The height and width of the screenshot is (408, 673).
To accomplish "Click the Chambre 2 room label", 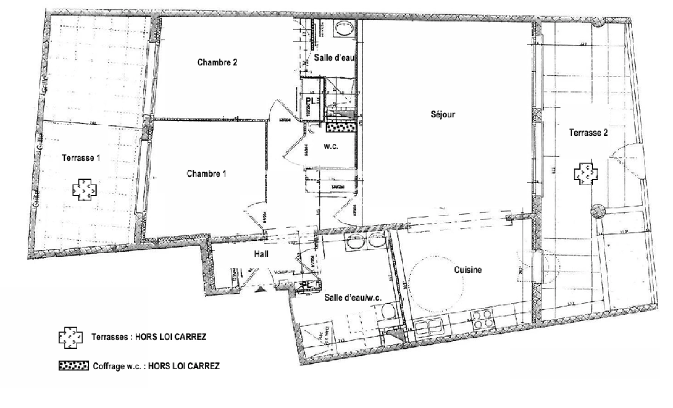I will coord(217,62).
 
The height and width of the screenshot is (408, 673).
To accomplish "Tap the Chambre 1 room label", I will coord(206,174).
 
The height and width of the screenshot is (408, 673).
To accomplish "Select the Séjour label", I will coord(443,114).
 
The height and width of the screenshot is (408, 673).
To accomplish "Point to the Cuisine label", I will coord(468,270).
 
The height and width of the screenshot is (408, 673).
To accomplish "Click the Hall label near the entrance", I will coord(261,254).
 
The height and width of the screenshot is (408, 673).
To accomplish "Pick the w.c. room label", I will coord(331,147).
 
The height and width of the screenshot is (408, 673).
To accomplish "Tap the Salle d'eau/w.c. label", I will coord(353,298).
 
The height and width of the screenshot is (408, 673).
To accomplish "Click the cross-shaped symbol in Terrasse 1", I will coord(85,190).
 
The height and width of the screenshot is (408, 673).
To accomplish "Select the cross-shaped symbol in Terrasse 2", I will coord(586,174).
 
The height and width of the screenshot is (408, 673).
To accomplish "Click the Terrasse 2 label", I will coord(588,133).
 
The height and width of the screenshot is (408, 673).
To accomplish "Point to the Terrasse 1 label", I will coord(81,158).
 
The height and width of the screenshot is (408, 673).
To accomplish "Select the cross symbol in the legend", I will coord(70,337).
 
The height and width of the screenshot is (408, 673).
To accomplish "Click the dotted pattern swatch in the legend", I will coord(74,366).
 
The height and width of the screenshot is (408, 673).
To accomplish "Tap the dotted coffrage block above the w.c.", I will coord(341,127).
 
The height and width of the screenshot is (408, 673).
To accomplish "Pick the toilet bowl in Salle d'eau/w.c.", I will coord(387,313).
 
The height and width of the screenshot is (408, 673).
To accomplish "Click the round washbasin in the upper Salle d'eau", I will coord(344,29).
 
